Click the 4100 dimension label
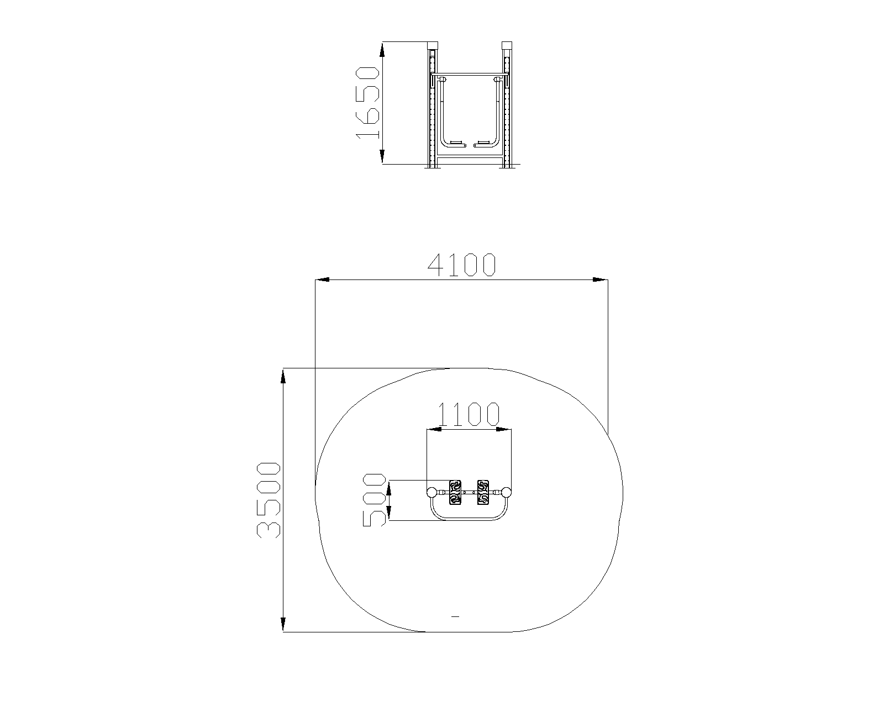click(x=462, y=265)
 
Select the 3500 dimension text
click(x=269, y=500)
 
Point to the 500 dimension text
click(x=374, y=500)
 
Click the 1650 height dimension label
click(x=367, y=103)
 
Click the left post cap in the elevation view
click(x=433, y=46)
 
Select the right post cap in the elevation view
click(x=507, y=46)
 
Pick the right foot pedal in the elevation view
click(x=483, y=144)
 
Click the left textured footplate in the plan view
click(x=455, y=492)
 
